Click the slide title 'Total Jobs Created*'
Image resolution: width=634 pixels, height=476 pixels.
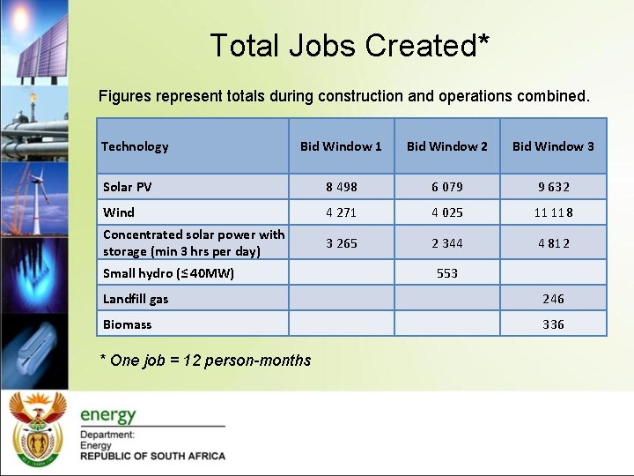pos(350,45)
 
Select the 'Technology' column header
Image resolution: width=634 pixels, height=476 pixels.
pos(135,146)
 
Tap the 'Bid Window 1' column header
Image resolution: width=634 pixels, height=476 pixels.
pos(341,146)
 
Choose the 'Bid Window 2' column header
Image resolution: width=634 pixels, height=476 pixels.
pos(446,146)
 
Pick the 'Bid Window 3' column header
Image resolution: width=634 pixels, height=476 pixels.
pos(553,146)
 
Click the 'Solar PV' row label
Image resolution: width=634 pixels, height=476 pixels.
pos(128,187)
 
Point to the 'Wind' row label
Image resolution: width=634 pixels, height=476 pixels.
pos(119,212)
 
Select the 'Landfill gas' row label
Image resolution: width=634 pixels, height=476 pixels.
pos(136,299)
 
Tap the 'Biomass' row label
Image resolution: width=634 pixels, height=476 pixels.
pos(127,324)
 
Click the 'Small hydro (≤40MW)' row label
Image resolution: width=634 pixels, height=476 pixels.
pos(168,273)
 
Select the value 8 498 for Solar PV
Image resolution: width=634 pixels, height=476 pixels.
pos(341,187)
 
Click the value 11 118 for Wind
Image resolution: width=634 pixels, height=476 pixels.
pos(553,212)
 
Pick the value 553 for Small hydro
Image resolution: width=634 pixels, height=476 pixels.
pos(447,273)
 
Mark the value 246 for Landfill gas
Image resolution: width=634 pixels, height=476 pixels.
pos(553,299)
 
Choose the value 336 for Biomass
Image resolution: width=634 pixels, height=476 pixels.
pos(553,324)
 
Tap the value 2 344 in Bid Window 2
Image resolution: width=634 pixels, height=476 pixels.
pos(446,243)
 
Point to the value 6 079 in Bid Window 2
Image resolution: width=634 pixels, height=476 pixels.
pos(446,187)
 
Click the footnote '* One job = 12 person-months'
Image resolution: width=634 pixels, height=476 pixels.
pos(207,360)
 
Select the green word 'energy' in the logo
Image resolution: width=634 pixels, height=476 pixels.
pos(108,414)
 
